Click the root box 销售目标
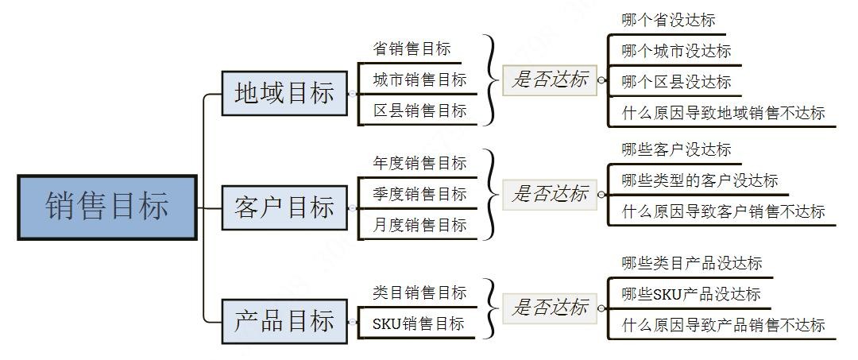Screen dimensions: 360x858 pos(107,207)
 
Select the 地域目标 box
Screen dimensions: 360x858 pos(284,93)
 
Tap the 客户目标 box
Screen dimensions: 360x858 pos(284,207)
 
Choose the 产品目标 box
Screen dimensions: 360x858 pos(284,322)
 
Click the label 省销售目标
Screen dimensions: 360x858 pos(412,48)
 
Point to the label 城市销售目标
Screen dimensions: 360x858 pos(419,79)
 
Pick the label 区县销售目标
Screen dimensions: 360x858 pos(419,110)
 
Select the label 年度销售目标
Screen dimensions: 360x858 pos(419,163)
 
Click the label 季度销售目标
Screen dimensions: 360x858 pos(419,194)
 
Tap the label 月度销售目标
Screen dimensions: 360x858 pos(419,225)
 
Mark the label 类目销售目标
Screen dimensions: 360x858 pos(419,292)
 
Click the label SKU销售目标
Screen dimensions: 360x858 pos(418,323)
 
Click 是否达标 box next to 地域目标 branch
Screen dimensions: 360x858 pos(550,79)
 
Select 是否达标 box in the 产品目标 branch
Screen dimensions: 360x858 pos(550,308)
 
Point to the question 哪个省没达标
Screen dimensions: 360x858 pos(668,20)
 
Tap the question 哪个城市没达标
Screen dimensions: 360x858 pos(676,51)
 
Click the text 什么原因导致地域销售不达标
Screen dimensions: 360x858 pos(723,113)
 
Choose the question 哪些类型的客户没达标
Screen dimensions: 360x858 pos(699,180)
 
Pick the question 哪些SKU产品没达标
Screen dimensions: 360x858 pos(690,294)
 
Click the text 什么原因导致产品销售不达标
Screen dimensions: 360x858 pos(723,324)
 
